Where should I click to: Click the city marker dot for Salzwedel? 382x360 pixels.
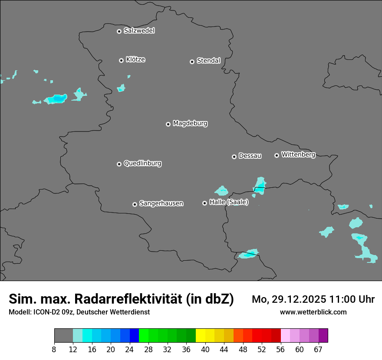point(119,31)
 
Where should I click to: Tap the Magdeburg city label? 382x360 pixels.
point(190,124)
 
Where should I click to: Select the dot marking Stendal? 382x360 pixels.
point(192,62)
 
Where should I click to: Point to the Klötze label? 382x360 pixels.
point(135,59)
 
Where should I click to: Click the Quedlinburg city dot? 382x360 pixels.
point(119,164)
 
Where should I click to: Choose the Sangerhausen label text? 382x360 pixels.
point(161,203)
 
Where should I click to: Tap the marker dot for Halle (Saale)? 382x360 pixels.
point(204,203)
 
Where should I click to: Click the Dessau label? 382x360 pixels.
point(250,156)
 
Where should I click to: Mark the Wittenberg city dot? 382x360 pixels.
point(277,155)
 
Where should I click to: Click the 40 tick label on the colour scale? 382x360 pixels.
point(205,350)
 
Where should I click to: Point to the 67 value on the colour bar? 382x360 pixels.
point(318,350)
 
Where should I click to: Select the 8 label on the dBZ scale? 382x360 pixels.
point(54,350)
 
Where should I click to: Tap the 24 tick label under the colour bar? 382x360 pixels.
point(129,350)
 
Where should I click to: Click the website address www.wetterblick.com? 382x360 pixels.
point(313,312)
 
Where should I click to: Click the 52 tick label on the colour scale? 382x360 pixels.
point(262,350)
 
